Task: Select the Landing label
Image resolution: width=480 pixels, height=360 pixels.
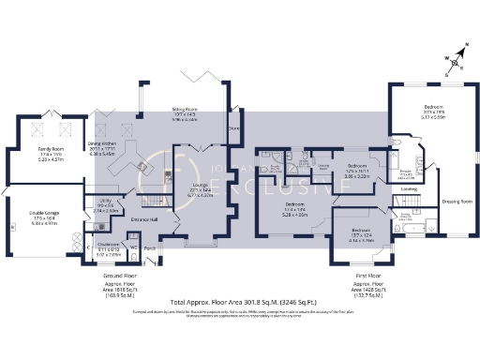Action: coord(409,188)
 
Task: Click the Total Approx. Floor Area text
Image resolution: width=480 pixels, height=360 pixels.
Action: coord(239,303)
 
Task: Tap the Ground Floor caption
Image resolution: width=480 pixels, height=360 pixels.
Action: coord(118,277)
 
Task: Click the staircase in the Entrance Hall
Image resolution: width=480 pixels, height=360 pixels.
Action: coord(149,202)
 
